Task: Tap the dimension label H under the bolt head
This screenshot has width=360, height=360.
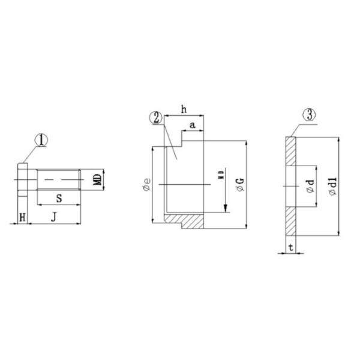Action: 22,217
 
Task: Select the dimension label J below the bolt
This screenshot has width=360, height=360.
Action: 54,217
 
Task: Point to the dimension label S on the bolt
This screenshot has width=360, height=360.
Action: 58,197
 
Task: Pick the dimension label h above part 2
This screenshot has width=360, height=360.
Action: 184,109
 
